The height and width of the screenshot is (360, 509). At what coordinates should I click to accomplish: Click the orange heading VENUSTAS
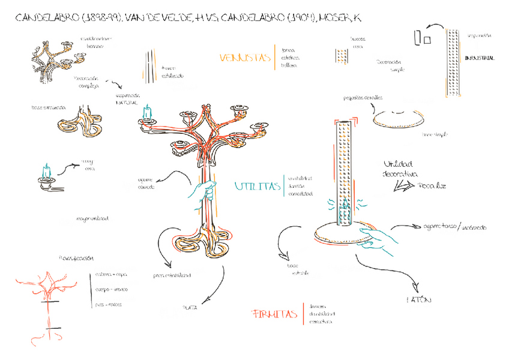click(x=245, y=58)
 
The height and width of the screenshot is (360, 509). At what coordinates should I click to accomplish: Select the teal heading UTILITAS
click(x=258, y=187)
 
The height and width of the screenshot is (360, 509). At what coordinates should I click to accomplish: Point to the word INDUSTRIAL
click(x=480, y=58)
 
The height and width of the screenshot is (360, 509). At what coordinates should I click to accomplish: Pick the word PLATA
click(x=190, y=308)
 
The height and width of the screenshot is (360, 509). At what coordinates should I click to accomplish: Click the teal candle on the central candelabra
click(x=146, y=112)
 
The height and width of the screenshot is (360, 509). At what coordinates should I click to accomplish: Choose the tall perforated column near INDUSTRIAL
click(x=454, y=63)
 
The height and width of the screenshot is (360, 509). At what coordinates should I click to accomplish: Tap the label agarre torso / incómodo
click(x=456, y=227)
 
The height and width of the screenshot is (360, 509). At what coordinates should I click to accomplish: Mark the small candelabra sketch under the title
click(x=57, y=56)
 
